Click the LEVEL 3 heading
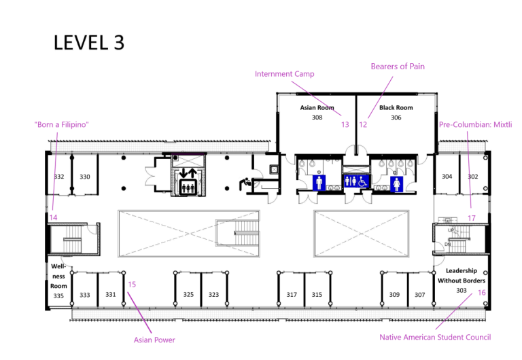pyautogui.click(x=89, y=43)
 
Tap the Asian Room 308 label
pyautogui.click(x=317, y=112)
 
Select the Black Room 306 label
pyautogui.click(x=396, y=112)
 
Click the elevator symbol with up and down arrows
pyautogui.click(x=188, y=181)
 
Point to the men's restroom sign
pyautogui.click(x=319, y=183)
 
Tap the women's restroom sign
pyautogui.click(x=396, y=184)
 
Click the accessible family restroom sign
pyautogui.click(x=356, y=181)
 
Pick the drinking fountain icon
pyautogui.click(x=245, y=184)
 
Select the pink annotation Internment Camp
pyautogui.click(x=284, y=74)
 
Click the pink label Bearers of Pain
pyautogui.click(x=398, y=66)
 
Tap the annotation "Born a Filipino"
pyautogui.click(x=62, y=124)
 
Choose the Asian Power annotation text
pyautogui.click(x=154, y=340)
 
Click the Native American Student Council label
pyautogui.click(x=435, y=337)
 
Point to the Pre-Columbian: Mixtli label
pyautogui.click(x=475, y=124)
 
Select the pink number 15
pyautogui.click(x=132, y=284)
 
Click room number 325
pyautogui.click(x=188, y=295)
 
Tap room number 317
pyautogui.click(x=292, y=295)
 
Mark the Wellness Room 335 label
pyautogui.click(x=58, y=281)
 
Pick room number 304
pyautogui.click(x=447, y=177)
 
